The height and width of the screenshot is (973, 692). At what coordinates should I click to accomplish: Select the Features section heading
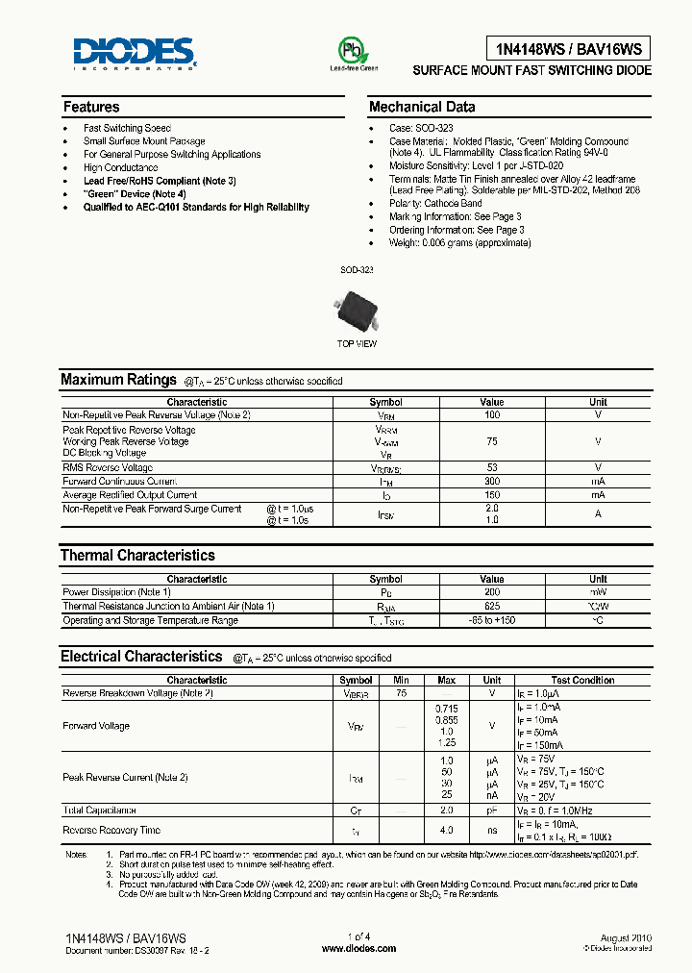(91, 107)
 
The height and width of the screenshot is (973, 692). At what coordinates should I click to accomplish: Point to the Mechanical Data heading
(422, 107)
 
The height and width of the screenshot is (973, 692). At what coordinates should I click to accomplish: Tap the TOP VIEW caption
(357, 343)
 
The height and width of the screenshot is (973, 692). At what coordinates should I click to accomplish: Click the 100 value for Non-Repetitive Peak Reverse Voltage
(491, 414)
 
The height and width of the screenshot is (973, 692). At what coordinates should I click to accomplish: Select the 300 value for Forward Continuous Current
(491, 481)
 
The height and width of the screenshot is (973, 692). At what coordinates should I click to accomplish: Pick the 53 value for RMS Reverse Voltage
(491, 467)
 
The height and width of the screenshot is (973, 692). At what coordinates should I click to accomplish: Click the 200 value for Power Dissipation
(491, 592)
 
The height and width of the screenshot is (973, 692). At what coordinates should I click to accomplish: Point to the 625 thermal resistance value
(491, 607)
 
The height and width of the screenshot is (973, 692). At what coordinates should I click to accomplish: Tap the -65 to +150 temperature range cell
(491, 621)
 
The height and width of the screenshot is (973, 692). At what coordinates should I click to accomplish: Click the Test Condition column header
(582, 680)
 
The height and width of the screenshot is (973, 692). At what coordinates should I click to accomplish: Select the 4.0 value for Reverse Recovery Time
(447, 830)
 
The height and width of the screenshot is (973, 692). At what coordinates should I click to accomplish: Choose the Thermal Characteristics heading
(137, 555)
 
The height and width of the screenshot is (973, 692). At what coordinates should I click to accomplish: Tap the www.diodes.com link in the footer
(358, 948)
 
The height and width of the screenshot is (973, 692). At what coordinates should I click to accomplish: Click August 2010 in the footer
(626, 936)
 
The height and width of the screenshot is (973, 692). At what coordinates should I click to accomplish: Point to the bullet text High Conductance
(120, 167)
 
